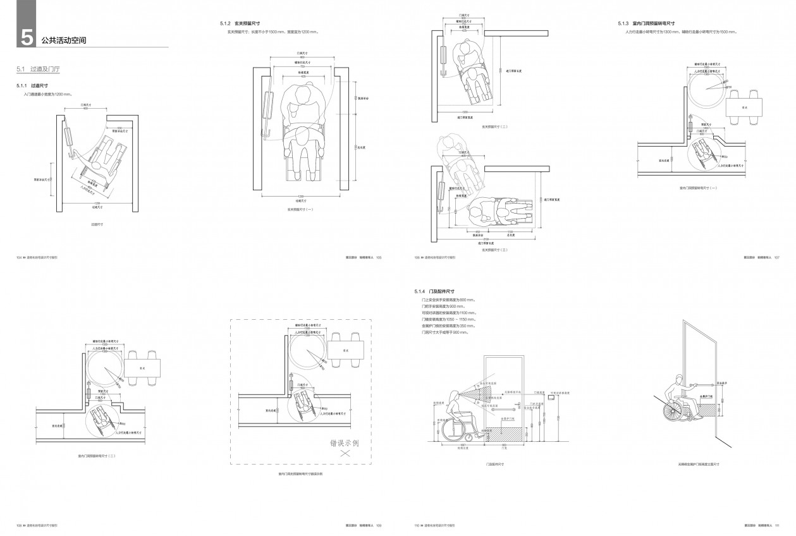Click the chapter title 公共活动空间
[x=63, y=40]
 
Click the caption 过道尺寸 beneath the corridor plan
[x=97, y=224]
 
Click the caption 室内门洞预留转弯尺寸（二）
[x=96, y=455]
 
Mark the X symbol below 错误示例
[x=345, y=454]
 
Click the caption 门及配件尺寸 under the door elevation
[x=494, y=464]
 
